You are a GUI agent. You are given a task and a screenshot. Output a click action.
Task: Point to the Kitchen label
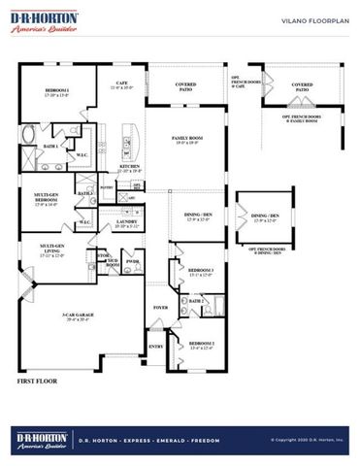[130, 167]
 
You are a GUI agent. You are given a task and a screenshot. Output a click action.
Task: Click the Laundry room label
[126, 222]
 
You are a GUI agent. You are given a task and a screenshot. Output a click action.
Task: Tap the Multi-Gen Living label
[43, 250]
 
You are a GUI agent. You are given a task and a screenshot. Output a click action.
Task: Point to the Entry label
[155, 345]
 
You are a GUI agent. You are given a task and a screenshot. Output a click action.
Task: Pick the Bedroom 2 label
[202, 345]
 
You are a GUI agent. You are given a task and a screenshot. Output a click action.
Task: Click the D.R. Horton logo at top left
[42, 22]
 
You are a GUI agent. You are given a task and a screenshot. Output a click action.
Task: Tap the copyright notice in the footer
[307, 439]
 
